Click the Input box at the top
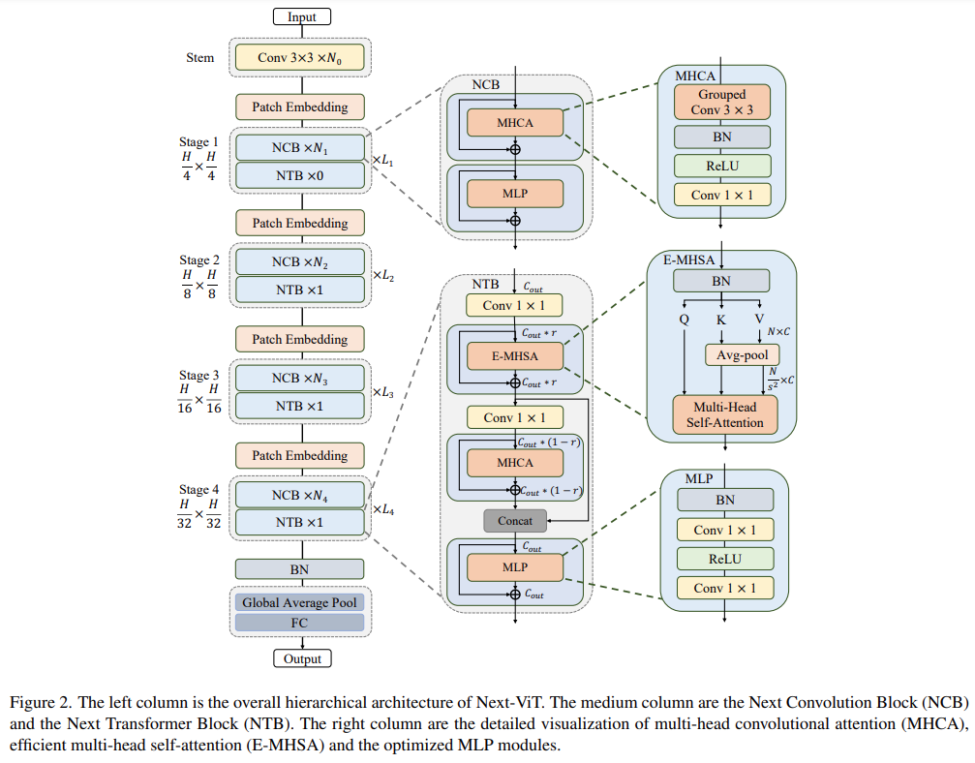[x=301, y=16]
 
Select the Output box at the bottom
[x=302, y=658]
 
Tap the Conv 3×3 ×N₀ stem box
[x=300, y=58]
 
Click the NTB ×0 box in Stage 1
[x=300, y=176]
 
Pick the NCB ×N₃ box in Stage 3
[x=300, y=378]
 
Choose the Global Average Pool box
[x=299, y=602]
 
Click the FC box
[x=299, y=623]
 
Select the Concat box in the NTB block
[x=515, y=521]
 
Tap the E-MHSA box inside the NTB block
[x=515, y=356]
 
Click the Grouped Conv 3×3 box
[x=722, y=102]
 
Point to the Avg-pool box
[x=742, y=355]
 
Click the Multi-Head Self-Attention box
[x=724, y=414]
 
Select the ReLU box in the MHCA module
[x=722, y=166]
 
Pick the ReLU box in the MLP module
[x=725, y=559]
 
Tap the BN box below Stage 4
[x=299, y=569]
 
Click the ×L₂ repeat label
[x=383, y=276]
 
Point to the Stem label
[x=199, y=58]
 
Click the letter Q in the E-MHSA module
[x=684, y=320]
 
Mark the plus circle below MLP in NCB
[x=515, y=220]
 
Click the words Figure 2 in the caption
[x=40, y=703]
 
